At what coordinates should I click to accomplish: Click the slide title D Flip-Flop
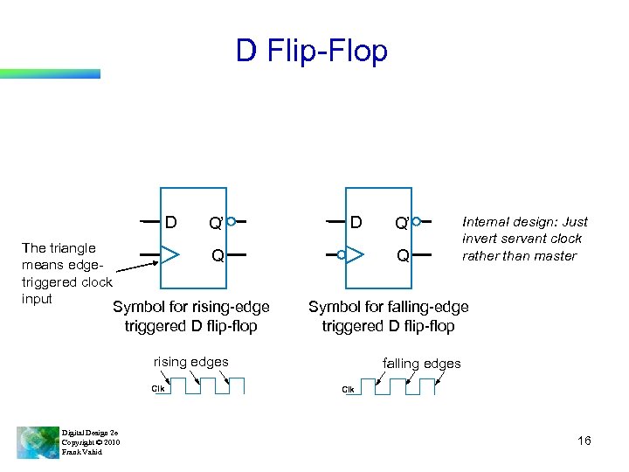(x=311, y=52)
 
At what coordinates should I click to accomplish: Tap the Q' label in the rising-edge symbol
(x=214, y=223)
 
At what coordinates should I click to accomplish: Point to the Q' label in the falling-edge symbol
(x=401, y=223)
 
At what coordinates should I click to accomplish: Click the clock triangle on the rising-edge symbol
(x=170, y=256)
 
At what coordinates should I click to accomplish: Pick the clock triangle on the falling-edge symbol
(x=355, y=256)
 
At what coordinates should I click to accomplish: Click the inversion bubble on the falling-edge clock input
(x=342, y=256)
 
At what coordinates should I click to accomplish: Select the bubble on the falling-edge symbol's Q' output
(x=417, y=221)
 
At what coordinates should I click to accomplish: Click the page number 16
(x=584, y=441)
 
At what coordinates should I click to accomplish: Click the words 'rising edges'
(x=190, y=362)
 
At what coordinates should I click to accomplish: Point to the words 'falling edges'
(x=422, y=363)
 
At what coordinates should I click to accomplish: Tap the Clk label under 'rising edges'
(x=158, y=388)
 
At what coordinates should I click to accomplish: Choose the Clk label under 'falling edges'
(x=348, y=389)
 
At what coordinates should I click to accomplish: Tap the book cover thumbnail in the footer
(x=38, y=441)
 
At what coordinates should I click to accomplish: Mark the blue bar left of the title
(x=50, y=73)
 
